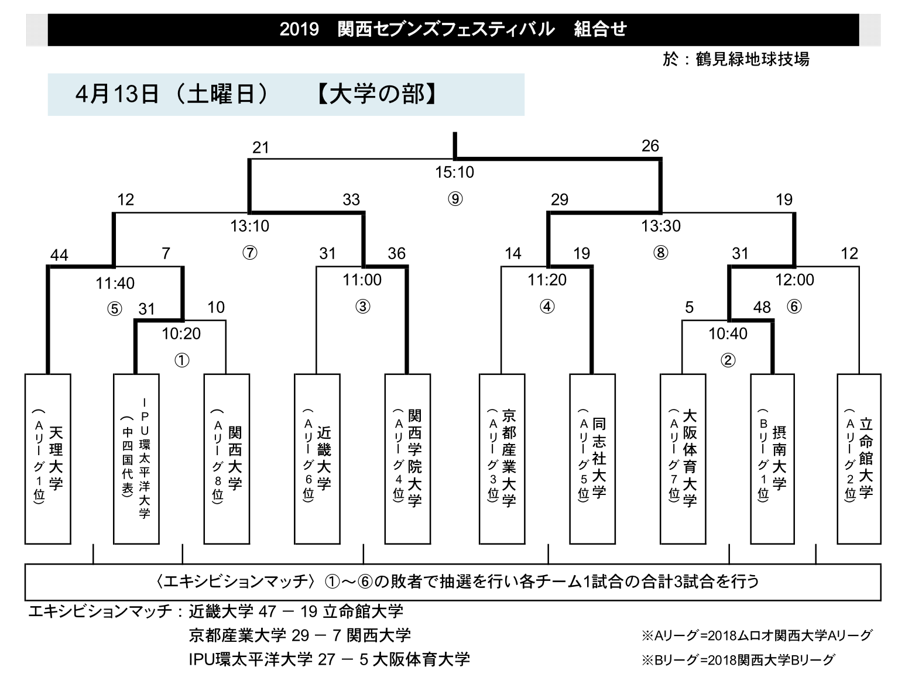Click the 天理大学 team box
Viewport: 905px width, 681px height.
pyautogui.click(x=48, y=459)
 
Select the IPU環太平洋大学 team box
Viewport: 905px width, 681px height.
pyautogui.click(x=136, y=459)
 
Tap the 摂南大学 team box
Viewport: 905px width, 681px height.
pyautogui.click(x=772, y=459)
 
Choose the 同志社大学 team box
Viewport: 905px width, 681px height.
pyautogui.click(x=592, y=459)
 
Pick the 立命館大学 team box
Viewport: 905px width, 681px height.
pyautogui.click(x=859, y=459)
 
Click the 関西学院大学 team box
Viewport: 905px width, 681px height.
pyautogui.click(x=407, y=459)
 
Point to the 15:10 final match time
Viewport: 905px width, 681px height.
pyautogui.click(x=454, y=172)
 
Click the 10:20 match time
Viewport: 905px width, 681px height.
pyautogui.click(x=181, y=333)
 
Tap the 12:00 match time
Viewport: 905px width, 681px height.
pyautogui.click(x=794, y=280)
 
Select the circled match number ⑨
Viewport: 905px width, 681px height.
pyautogui.click(x=455, y=199)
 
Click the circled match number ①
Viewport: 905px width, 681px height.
pyautogui.click(x=182, y=360)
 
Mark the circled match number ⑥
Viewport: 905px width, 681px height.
pyautogui.click(x=794, y=307)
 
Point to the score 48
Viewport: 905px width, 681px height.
pyautogui.click(x=762, y=307)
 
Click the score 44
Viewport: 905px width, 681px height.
pyautogui.click(x=59, y=256)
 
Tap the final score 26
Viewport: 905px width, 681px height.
pyautogui.click(x=650, y=146)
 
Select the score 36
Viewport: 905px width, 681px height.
pyautogui.click(x=397, y=253)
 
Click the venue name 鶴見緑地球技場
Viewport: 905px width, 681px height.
pyautogui.click(x=752, y=59)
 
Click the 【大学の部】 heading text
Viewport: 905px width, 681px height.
pyautogui.click(x=376, y=94)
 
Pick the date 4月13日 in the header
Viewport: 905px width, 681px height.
pyautogui.click(x=116, y=94)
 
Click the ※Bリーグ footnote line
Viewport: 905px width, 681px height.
pyautogui.click(x=738, y=660)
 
